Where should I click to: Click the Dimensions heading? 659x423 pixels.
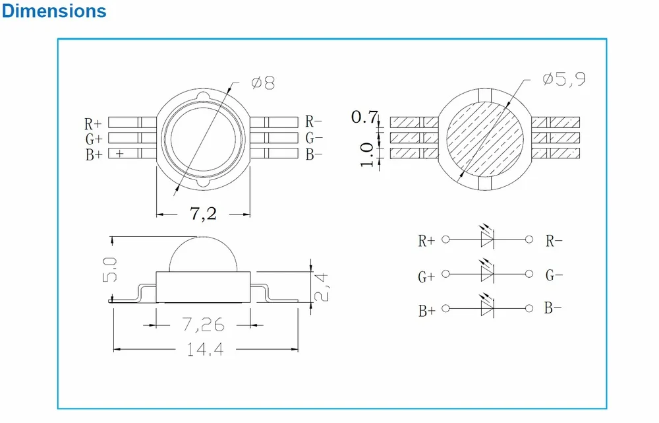(x=54, y=11)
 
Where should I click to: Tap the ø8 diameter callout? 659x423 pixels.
(x=263, y=82)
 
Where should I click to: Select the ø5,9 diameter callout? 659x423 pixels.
(x=563, y=79)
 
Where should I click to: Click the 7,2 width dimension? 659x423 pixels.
(x=204, y=213)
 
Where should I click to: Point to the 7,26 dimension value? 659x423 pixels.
(x=204, y=325)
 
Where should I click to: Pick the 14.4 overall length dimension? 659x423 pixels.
(x=205, y=349)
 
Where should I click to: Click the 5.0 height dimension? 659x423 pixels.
(x=109, y=270)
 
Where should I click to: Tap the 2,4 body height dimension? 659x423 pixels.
(x=322, y=288)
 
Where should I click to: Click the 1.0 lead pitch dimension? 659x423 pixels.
(x=366, y=154)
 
